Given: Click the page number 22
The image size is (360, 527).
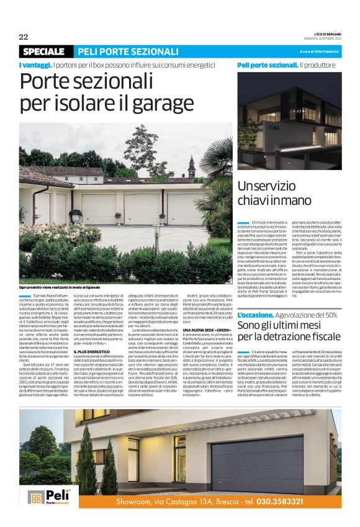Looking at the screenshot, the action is click(x=24, y=37).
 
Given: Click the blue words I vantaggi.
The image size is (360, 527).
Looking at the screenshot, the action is click(x=34, y=65).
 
